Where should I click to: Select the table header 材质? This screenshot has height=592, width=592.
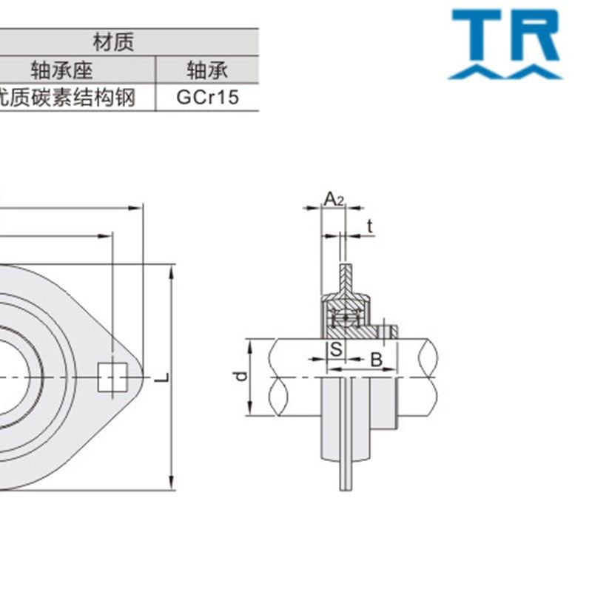coord(114,41)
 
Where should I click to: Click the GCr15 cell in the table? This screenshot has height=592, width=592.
coord(207,97)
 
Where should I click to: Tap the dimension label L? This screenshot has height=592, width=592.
coord(162,377)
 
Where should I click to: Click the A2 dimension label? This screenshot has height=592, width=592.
coord(334,198)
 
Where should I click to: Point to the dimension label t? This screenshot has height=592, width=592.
coord(369,226)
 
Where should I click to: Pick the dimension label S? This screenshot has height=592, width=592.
coord(335,349)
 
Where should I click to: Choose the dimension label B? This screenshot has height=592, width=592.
coord(375,360)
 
